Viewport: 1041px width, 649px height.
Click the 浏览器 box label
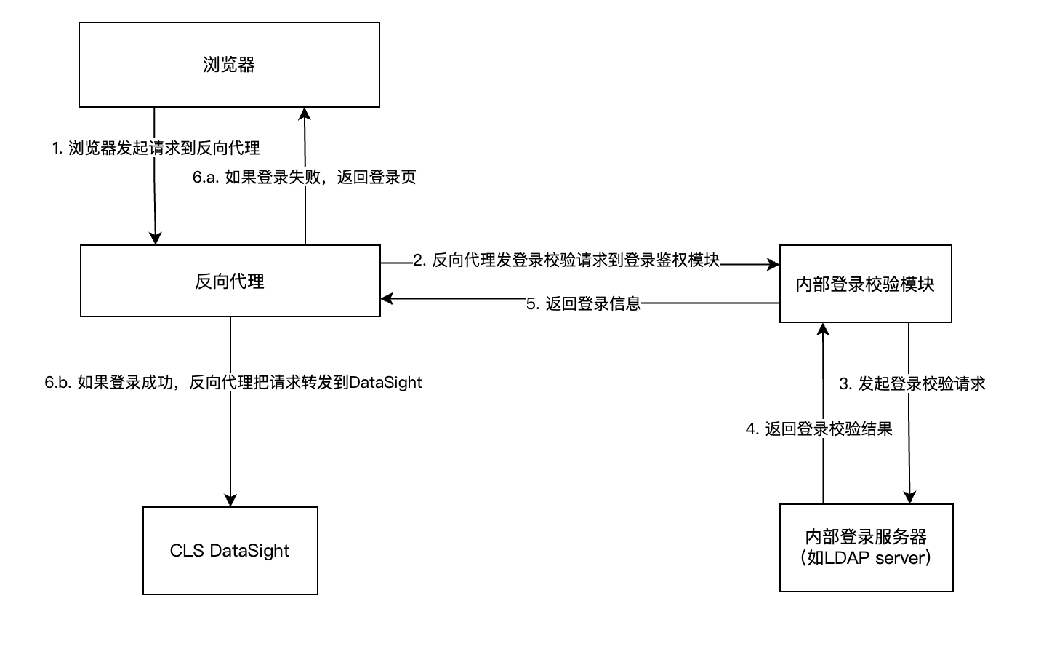(229, 65)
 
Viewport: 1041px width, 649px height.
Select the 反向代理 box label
(230, 282)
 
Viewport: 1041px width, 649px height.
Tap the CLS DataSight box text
(230, 551)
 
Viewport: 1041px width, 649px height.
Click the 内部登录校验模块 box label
(865, 284)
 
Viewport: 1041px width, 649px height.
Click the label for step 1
(156, 148)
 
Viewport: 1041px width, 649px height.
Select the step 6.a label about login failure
(305, 178)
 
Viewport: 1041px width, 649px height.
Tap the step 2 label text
(566, 260)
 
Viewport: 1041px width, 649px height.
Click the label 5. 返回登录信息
(584, 304)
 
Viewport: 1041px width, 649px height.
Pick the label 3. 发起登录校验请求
(912, 384)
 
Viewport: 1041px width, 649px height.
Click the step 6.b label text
(233, 383)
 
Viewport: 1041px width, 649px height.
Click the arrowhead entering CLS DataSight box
(230, 501)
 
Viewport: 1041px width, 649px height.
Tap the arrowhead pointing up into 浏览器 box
(305, 114)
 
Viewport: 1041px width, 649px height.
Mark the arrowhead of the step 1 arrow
(156, 238)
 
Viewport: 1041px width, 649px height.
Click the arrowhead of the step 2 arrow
(773, 265)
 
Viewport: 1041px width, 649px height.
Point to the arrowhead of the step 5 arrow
(387, 299)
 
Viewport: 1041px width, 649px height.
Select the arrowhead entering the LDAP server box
(909, 498)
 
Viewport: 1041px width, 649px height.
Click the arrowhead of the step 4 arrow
(823, 329)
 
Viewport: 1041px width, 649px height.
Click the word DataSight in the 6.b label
(385, 383)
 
